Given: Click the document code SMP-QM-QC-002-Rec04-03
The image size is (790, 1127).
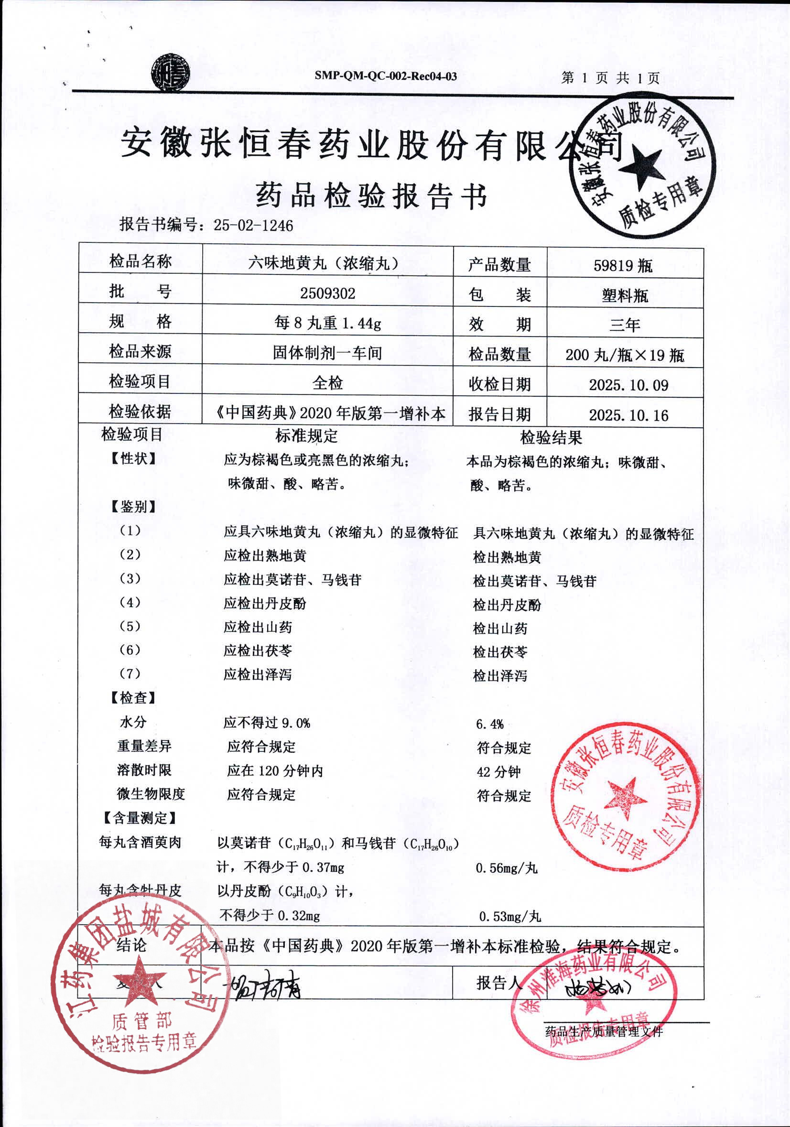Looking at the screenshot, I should [386, 76].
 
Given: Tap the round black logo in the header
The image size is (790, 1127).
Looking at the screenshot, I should [170, 73].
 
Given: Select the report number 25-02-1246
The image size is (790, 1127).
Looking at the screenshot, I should [253, 225].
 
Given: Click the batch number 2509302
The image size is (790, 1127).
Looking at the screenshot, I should [327, 293].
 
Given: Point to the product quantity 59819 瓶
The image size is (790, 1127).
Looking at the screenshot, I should [623, 266].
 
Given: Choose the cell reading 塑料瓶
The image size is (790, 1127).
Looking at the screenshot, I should [625, 295].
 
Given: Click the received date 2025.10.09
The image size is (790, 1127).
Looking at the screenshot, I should [628, 385].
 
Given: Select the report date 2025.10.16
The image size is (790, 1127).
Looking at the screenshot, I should [628, 415].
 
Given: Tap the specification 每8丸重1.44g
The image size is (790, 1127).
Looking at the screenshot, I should [327, 323].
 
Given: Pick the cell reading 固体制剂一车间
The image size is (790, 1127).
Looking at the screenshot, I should [327, 353].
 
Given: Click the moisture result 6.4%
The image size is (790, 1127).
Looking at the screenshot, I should [490, 724].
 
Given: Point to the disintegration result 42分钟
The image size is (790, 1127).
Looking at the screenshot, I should [498, 771].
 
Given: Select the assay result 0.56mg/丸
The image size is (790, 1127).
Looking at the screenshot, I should [507, 868].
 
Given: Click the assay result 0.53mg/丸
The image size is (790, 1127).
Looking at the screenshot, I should [509, 916].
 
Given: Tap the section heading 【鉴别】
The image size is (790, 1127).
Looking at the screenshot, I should [133, 507].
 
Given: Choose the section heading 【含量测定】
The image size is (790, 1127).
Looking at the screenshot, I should [140, 818].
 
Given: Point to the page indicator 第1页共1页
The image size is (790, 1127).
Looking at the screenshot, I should [610, 77].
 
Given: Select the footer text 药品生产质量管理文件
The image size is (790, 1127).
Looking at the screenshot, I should [604, 1031].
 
